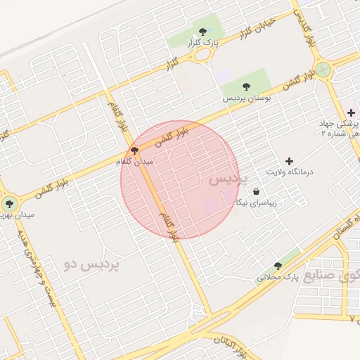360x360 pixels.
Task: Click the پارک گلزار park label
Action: (202, 44)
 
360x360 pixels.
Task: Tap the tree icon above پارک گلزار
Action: (203, 31)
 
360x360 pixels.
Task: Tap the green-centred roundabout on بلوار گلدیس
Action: (323, 70)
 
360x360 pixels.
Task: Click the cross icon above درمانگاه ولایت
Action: (289, 161)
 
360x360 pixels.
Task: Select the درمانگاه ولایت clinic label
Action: (288, 172)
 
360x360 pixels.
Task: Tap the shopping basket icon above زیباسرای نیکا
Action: (256, 191)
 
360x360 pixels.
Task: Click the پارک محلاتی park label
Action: (278, 278)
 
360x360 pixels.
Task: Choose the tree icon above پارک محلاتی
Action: (278, 266)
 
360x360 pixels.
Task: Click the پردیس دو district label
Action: (91, 265)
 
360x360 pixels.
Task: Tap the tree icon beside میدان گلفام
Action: (134, 150)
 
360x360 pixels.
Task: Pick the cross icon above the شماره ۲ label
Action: (350, 113)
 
